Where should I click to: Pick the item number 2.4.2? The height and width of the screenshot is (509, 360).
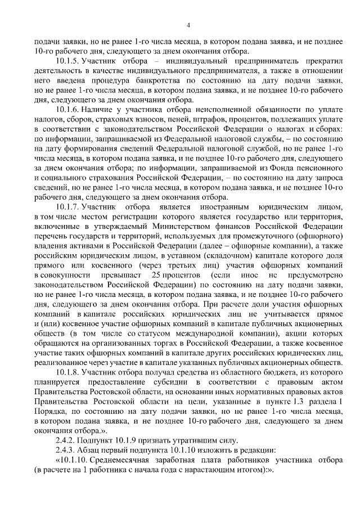tap(67, 440)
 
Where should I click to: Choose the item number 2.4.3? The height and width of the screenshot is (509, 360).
tap(67, 449)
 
